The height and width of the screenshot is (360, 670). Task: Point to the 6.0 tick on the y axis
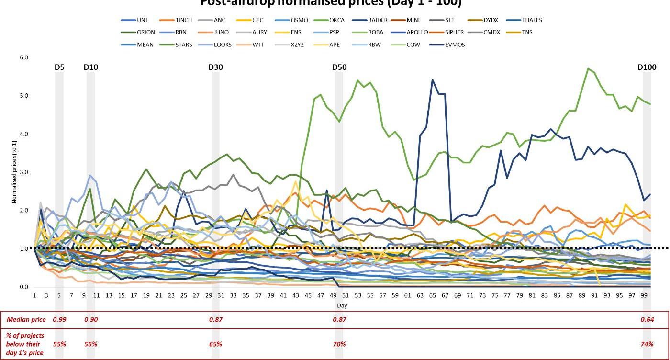coord(24,57)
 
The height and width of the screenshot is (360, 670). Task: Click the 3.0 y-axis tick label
coord(24,172)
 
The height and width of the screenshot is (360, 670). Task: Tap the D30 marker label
coord(215,67)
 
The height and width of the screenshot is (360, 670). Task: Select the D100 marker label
coord(647,67)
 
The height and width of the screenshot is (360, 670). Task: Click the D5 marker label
coord(59,67)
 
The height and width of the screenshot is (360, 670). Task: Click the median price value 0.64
coord(647,319)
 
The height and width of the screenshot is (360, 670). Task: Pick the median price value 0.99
coord(59,319)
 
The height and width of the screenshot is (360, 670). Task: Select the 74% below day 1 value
coord(647,344)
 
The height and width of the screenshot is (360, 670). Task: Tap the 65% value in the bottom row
coord(215,344)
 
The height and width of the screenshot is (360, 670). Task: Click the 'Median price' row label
coord(26,319)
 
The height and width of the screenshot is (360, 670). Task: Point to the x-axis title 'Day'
coord(342,305)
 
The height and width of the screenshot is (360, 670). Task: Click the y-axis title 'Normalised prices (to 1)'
coord(14,172)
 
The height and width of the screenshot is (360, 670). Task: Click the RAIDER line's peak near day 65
coord(433,80)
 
